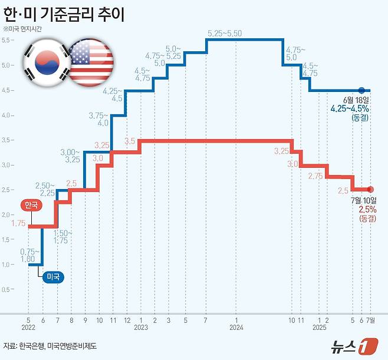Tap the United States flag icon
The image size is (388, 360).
91,61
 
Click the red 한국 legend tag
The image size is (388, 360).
31,206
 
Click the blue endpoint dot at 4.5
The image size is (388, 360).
361,91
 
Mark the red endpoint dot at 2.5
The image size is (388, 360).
370,189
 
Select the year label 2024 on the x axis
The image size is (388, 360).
236,327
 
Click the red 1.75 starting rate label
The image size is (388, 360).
18,223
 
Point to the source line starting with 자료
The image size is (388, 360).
50,346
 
